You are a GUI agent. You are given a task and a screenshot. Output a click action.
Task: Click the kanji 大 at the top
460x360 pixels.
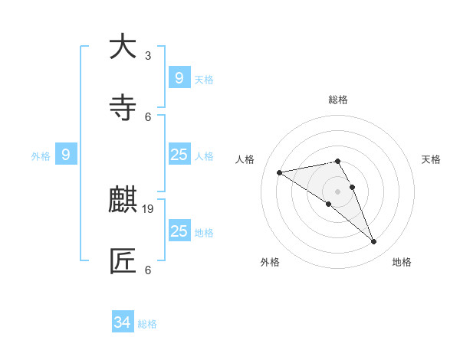coord(123,47)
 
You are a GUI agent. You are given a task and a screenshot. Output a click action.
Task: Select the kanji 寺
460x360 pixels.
coord(123,108)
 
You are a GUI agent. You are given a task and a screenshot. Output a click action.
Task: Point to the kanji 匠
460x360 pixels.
coord(123,261)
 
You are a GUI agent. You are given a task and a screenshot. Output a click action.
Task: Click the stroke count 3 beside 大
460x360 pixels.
coord(148,55)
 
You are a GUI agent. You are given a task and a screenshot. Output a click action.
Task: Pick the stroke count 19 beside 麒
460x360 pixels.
coord(149,208)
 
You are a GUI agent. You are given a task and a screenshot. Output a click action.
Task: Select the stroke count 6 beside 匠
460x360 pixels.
coord(148,270)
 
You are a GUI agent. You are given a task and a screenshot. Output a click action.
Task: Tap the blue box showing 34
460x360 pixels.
coord(123,322)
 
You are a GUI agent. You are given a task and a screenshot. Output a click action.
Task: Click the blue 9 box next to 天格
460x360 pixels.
coord(179,77)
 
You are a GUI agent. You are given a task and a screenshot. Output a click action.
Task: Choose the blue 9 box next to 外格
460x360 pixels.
coord(66,155)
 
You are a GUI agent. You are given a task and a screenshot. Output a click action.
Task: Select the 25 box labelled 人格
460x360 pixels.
coord(179,155)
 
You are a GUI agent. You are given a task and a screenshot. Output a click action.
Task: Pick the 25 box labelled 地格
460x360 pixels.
coord(179,231)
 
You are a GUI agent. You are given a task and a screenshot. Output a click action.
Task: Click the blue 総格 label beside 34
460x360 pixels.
coord(147,324)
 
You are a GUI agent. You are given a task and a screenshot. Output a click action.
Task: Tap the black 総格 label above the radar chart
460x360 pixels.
coord(338,100)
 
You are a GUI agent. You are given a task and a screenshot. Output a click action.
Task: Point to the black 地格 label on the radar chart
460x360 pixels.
coord(402,262)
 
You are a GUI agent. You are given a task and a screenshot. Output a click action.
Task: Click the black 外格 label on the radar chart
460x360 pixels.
coord(270,262)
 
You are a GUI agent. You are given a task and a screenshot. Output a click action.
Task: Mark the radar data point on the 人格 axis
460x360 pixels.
coord(279,172)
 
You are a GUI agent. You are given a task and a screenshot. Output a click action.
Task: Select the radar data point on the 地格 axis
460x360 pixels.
coord(374,242)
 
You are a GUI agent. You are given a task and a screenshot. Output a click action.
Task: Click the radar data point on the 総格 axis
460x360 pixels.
coord(337,161)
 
